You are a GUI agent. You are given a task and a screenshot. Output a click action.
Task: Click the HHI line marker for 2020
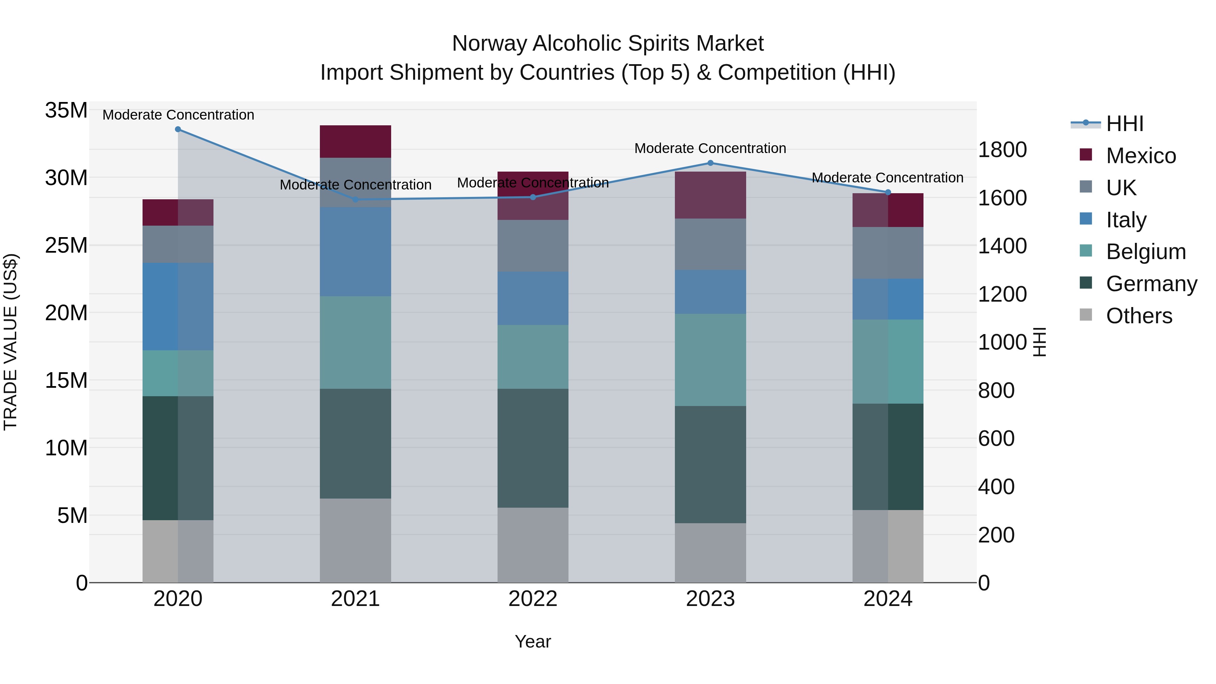point(178,129)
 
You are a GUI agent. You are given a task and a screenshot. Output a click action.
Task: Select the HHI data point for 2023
point(710,163)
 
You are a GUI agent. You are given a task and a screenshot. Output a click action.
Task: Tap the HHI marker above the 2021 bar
point(355,200)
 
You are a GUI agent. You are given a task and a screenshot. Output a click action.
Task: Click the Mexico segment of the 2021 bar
point(355,142)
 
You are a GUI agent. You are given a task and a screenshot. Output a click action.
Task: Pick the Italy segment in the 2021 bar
point(355,252)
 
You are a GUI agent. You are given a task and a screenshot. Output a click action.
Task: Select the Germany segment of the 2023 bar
point(710,464)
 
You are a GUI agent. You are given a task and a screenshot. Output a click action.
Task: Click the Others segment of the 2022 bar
point(533,545)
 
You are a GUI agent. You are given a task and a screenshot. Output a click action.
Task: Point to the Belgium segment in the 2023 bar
point(710,360)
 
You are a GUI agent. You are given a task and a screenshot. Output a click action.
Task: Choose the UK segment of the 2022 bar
point(533,246)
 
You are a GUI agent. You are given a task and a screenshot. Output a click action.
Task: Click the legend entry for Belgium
point(1146,252)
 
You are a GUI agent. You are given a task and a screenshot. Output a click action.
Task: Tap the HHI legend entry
point(1124,124)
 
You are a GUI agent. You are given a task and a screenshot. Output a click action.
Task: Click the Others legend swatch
point(1086,315)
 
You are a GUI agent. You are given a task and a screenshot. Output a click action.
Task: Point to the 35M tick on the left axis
point(66,110)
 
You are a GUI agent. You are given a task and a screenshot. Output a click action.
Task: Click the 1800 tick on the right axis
point(1002,150)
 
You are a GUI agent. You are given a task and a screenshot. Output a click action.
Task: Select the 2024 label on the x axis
point(887,599)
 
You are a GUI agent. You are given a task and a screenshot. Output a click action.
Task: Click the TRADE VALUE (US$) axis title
point(10,342)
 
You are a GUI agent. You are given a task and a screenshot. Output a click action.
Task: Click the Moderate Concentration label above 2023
point(710,148)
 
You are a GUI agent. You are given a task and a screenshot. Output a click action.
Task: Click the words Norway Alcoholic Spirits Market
point(608,44)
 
